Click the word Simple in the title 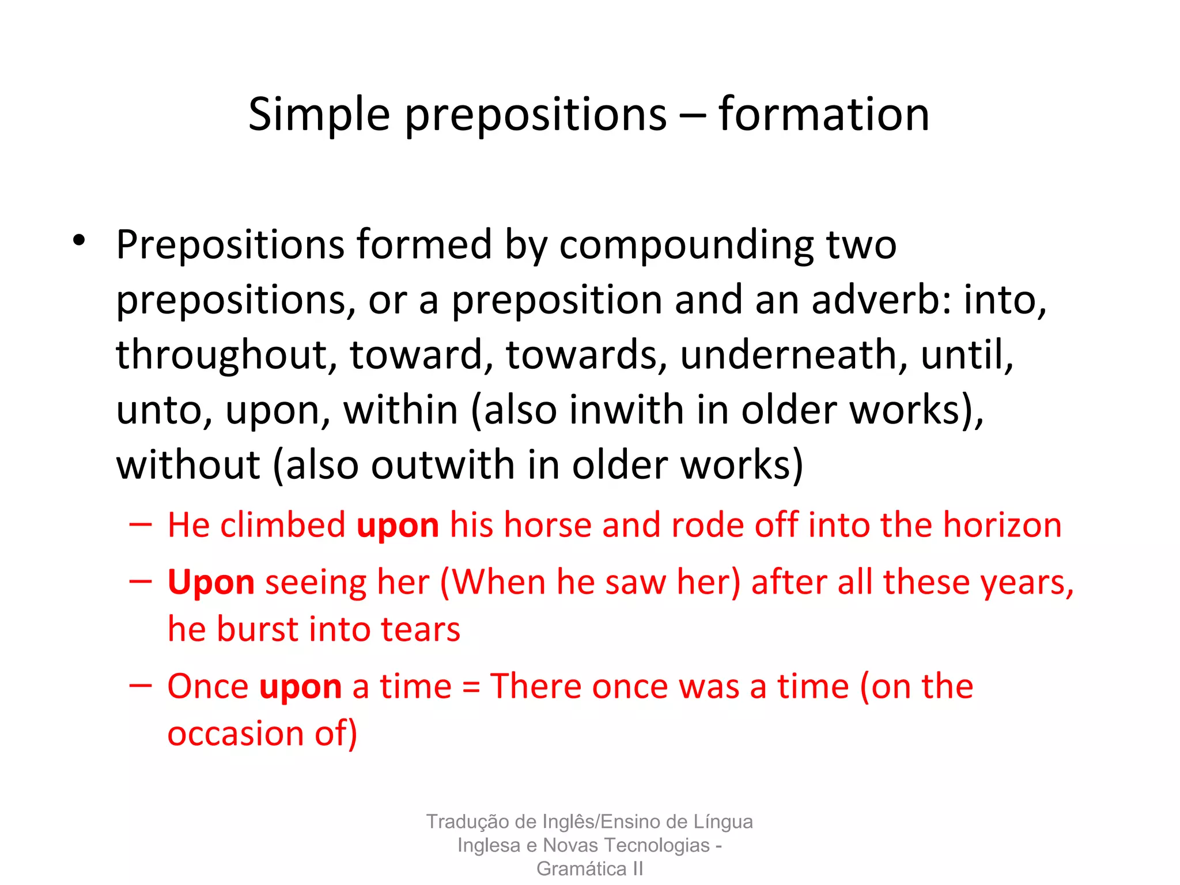(319, 115)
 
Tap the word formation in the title (823, 114)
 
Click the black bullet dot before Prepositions (79, 240)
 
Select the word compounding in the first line (686, 245)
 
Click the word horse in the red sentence (547, 525)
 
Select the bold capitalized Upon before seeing (211, 583)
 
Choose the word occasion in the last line (235, 733)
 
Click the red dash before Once (141, 685)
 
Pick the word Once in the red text (208, 686)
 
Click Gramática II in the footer (589, 868)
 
